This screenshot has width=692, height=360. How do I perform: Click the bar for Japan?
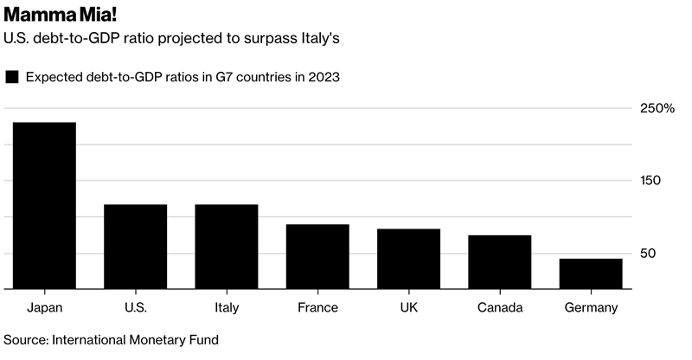click(x=44, y=206)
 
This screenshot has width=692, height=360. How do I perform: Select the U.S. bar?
click(x=135, y=247)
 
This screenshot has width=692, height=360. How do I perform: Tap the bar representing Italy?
click(x=227, y=247)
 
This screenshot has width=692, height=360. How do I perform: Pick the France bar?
click(x=317, y=256)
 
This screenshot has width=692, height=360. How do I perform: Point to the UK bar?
click(x=408, y=259)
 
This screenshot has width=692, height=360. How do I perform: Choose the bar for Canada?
click(x=499, y=262)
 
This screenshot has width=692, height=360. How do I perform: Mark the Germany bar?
click(x=591, y=273)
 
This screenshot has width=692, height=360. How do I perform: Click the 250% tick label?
click(x=657, y=108)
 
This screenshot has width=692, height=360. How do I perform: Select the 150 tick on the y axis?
click(x=651, y=181)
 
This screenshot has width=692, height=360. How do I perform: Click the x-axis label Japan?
click(x=44, y=307)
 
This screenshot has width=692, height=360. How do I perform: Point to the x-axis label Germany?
click(x=591, y=307)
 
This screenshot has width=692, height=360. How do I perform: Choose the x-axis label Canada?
click(x=499, y=307)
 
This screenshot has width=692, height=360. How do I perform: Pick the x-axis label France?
click(x=317, y=307)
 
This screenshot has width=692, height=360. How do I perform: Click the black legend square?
click(x=12, y=77)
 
